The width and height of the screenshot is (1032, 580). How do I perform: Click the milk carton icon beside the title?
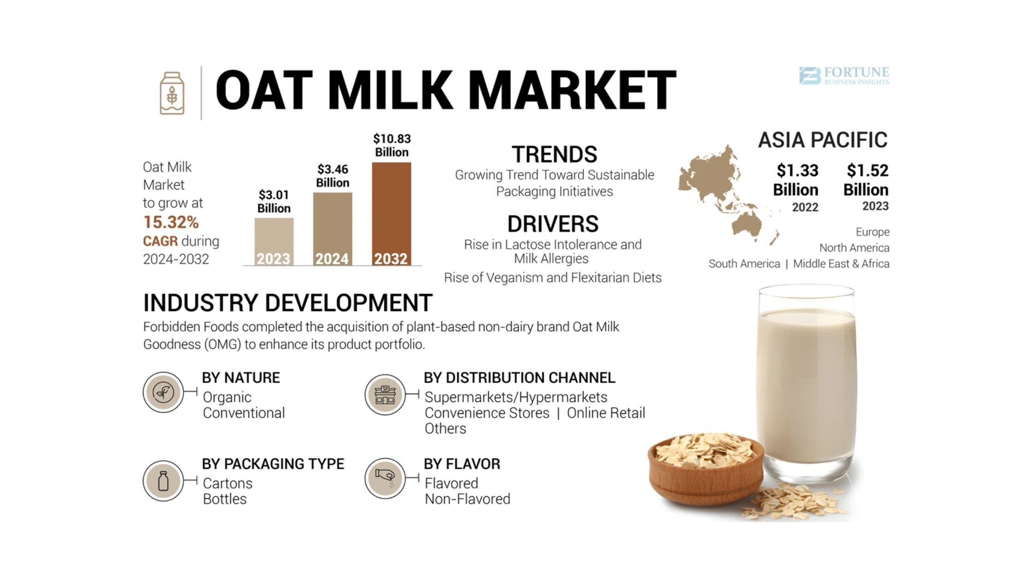tap(172, 93)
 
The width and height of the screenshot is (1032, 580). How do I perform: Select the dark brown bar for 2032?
tap(392, 214)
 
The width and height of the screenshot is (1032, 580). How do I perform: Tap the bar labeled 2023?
tap(274, 242)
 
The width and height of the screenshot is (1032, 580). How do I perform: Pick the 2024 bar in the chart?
tap(333, 229)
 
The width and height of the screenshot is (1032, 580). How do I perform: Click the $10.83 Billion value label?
tap(392, 145)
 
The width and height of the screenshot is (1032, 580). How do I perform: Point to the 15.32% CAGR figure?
tap(171, 222)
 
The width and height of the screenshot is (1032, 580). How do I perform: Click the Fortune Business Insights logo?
tap(844, 76)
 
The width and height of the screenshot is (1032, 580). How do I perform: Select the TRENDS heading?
tap(554, 154)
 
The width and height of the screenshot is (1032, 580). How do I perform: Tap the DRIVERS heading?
tap(553, 224)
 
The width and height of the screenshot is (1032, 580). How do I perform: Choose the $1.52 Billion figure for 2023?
tap(867, 180)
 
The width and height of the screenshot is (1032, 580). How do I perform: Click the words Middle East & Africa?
tap(841, 264)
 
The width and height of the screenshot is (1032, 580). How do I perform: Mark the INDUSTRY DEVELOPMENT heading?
tap(287, 303)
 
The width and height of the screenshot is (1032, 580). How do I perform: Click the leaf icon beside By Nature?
tap(164, 392)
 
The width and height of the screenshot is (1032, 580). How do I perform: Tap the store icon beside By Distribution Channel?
tap(385, 394)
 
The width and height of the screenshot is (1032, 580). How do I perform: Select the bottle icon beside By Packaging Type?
tap(164, 481)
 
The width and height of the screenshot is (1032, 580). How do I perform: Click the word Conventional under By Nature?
tap(244, 413)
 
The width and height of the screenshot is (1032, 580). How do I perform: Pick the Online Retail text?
tap(606, 413)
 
